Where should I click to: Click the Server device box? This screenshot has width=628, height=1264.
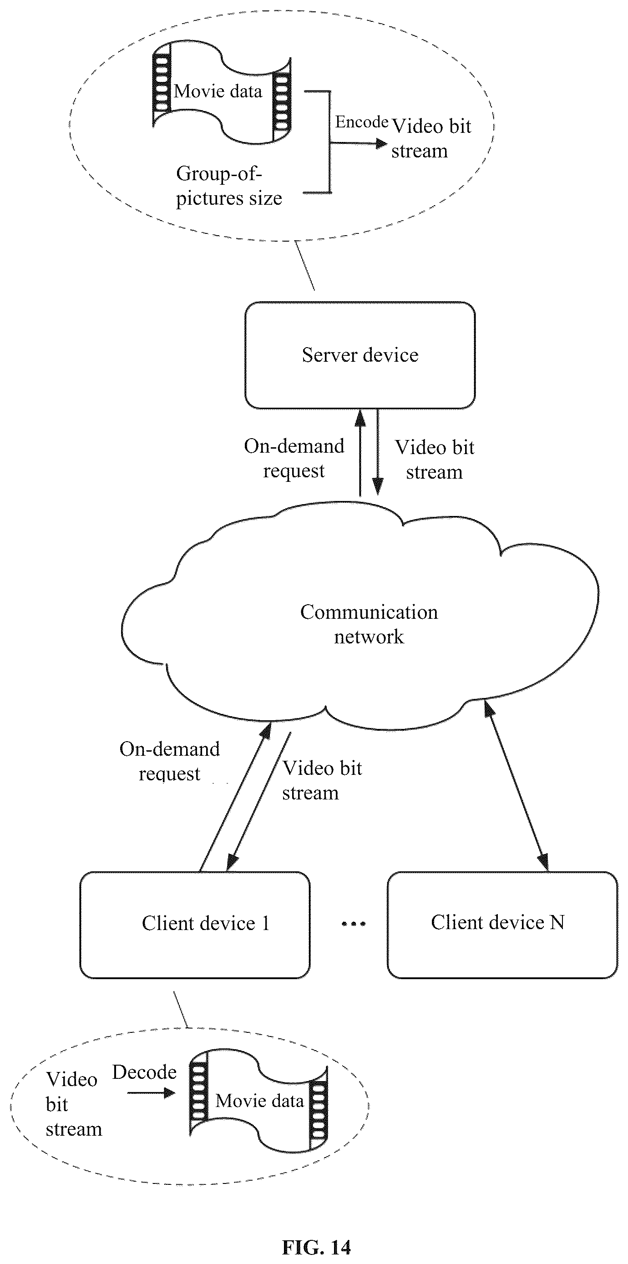tap(360, 355)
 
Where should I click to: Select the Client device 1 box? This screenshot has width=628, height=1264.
tap(195, 925)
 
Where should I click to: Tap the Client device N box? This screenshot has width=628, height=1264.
tap(502, 925)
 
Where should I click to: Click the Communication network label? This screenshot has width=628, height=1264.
tap(369, 624)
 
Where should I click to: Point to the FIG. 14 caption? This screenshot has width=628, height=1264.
tap(316, 1247)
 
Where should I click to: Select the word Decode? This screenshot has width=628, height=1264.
tap(144, 1072)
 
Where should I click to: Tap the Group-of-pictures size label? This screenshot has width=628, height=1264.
tap(229, 187)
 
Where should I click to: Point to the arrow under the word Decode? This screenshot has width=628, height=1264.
tap(151, 1093)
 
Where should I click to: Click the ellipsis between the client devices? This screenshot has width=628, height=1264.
tap(354, 924)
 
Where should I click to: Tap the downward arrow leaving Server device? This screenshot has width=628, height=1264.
tap(378, 452)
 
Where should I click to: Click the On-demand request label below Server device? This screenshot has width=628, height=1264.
tap(294, 458)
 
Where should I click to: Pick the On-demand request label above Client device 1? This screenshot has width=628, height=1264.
tap(170, 761)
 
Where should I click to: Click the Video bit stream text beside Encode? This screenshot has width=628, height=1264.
tap(431, 138)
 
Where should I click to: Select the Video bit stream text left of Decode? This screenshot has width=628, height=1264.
tap(74, 1104)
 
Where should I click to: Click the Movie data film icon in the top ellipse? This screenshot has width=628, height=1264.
tap(222, 92)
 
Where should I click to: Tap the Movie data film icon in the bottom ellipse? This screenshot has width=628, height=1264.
tap(258, 1101)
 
